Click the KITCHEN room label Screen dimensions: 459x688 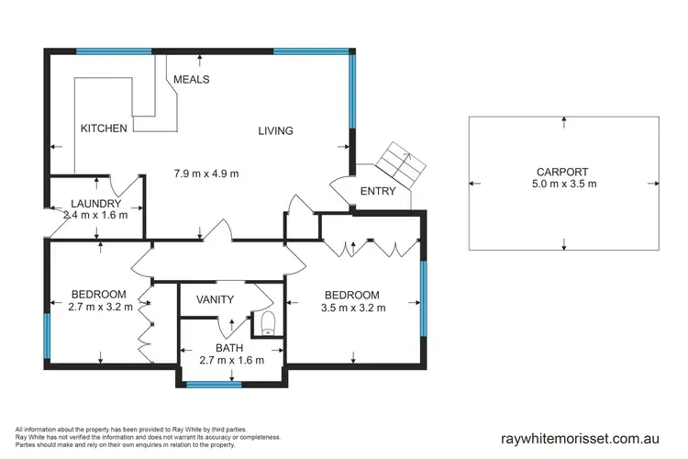coord(103,129)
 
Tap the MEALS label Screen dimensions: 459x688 coord(191,80)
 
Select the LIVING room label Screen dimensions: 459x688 coord(275,131)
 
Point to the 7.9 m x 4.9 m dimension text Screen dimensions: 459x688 coord(206,174)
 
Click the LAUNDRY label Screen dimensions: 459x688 coord(96,204)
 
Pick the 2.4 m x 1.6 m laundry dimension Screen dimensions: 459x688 coord(97,217)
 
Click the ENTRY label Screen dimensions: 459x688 coord(378,192)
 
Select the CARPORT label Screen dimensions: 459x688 coord(563,172)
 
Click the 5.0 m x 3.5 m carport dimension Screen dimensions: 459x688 coord(563,185)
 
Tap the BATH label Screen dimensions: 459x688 coord(229,348)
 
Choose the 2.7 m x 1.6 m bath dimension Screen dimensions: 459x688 coord(231,361)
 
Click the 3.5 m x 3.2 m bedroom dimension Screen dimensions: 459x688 coord(354,308)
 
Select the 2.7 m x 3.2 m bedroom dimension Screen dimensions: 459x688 coord(101,308)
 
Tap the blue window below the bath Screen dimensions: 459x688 coord(214,385)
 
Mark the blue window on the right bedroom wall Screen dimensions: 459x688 coord(424,298)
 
